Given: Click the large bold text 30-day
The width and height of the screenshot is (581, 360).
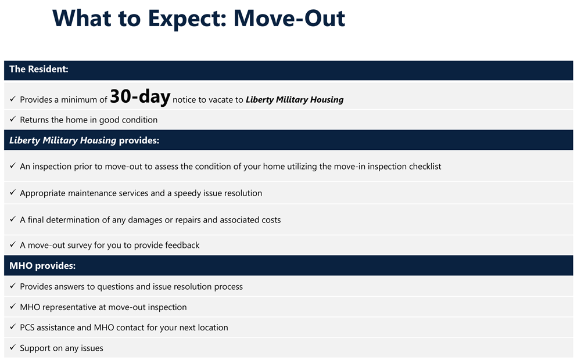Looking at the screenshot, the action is click(140, 97).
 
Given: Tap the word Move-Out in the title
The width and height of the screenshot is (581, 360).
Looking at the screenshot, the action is click(289, 18).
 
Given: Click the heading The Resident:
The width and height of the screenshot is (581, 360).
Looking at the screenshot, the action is click(39, 69).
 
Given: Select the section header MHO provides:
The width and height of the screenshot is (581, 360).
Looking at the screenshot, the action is click(42, 265).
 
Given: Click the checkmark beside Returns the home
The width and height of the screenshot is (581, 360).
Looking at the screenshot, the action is click(13, 119).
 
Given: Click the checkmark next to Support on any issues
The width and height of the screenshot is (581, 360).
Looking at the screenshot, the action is click(13, 347).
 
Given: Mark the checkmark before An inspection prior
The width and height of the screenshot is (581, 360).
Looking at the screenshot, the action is click(13, 165).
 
